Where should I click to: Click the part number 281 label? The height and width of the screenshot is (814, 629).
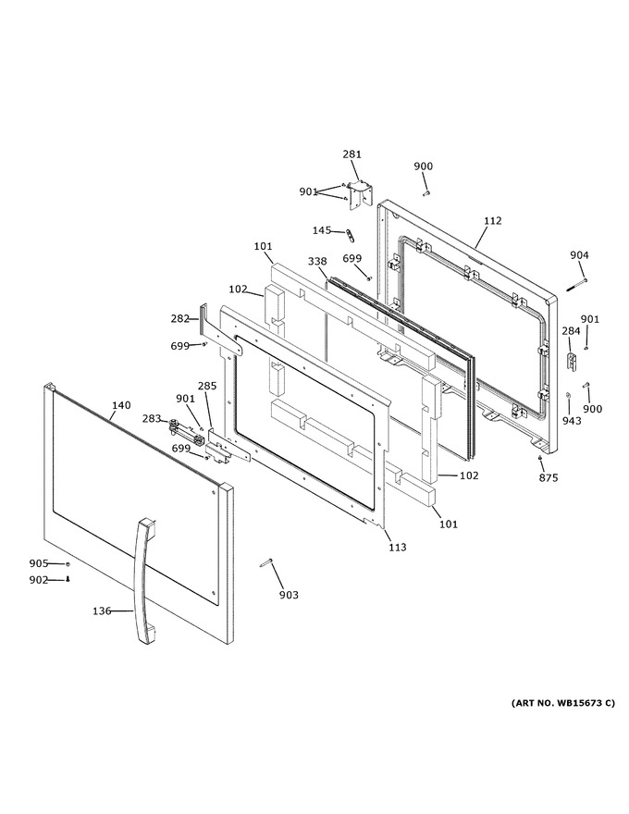351,154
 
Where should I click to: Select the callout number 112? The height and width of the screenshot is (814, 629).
492,221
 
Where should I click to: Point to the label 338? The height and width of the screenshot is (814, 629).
317,261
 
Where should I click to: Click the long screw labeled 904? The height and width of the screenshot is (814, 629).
576,285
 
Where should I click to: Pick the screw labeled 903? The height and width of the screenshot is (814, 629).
265,562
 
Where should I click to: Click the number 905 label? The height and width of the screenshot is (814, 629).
39,563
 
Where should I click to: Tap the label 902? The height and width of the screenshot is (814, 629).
39,580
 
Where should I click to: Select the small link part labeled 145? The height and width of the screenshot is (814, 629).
351,235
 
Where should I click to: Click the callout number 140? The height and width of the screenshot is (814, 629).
121,405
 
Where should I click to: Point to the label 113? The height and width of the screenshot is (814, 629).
398,547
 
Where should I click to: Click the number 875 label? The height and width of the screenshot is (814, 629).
548,477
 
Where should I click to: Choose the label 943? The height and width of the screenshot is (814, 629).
572,421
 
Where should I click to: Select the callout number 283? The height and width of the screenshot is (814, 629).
152,418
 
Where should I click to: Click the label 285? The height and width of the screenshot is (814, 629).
207,386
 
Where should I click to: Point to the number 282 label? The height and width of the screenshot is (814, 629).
180,318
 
